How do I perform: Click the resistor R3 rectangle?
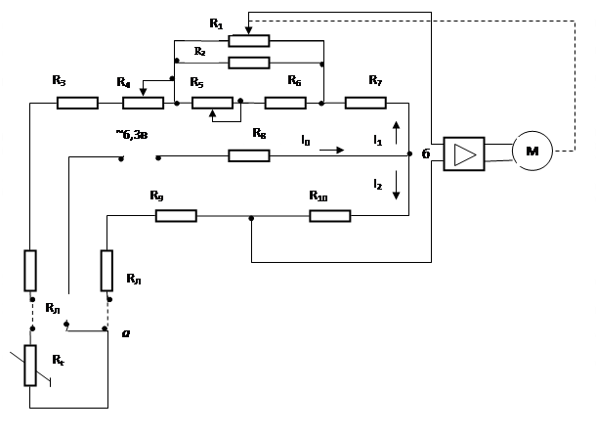[x=77, y=103]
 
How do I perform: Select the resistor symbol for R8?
[x=249, y=155]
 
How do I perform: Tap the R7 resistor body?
[x=365, y=103]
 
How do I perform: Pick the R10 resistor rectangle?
[x=330, y=216]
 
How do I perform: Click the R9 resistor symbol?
[x=176, y=216]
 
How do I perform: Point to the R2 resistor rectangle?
[x=249, y=63]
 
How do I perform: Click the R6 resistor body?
[x=285, y=103]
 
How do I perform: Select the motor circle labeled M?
[x=532, y=151]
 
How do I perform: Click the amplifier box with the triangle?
[x=464, y=154]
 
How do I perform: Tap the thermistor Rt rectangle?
[x=30, y=366]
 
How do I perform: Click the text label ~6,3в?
[x=132, y=135]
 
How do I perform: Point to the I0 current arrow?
[x=331, y=151]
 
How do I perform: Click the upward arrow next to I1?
[x=396, y=133]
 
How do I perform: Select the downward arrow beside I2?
[x=396, y=185]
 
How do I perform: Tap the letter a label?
[x=126, y=333]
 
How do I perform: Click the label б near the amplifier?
[x=426, y=153]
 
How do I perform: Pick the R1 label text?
[x=216, y=24]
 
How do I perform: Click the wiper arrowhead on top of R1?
[x=248, y=30]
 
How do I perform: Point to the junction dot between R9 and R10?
[x=251, y=218]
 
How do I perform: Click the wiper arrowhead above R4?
[x=143, y=92]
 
